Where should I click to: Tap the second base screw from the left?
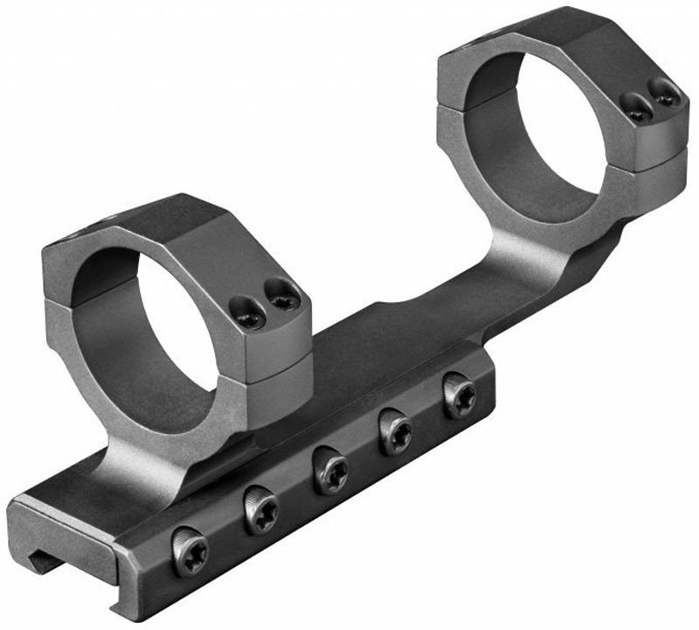[260, 510]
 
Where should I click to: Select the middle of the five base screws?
[330, 469]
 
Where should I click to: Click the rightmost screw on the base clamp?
[459, 395]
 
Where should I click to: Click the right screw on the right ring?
[668, 93]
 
